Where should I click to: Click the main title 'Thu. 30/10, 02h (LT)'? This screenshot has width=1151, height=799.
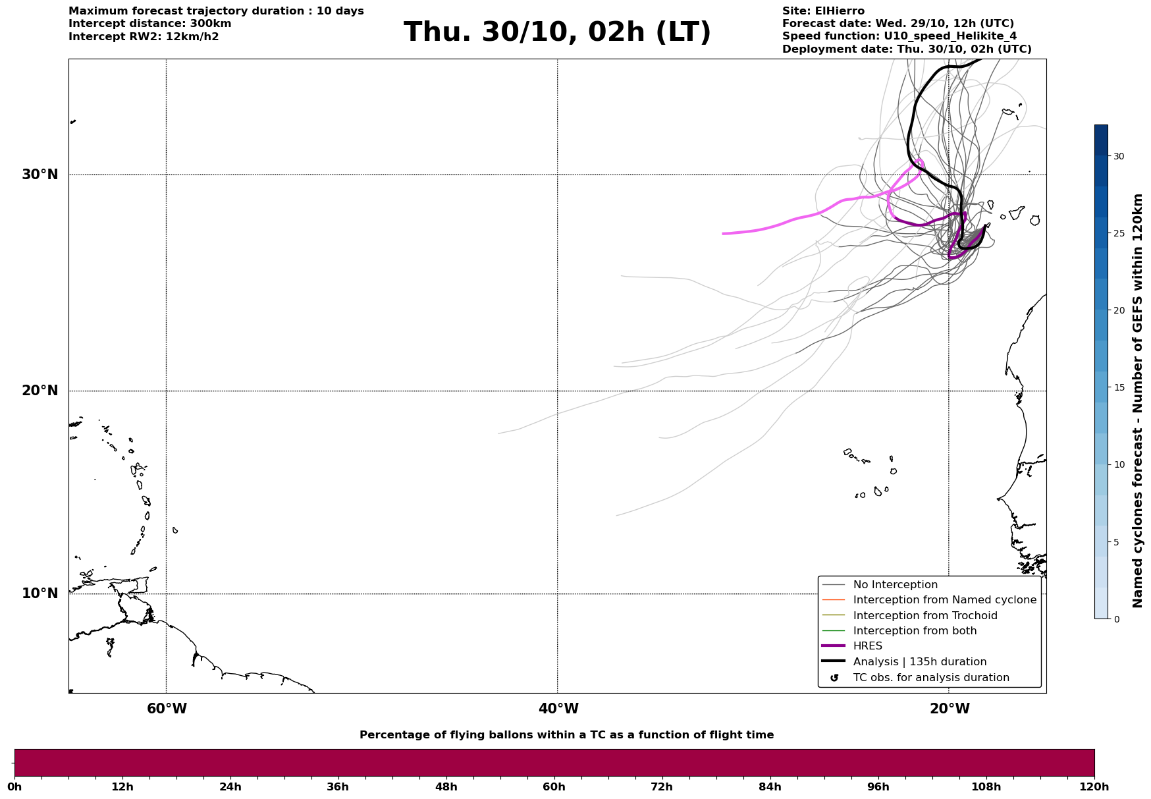tap(557, 32)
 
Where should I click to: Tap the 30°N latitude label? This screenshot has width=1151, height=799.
tap(40, 175)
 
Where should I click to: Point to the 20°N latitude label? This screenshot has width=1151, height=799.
tap(40, 391)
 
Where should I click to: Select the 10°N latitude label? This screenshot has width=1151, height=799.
tap(40, 593)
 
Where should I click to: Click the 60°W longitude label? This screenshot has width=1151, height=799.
tap(167, 709)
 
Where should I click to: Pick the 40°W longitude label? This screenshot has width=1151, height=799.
tap(558, 709)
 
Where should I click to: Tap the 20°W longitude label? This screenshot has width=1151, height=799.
tap(950, 709)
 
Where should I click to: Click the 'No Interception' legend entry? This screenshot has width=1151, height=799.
tap(895, 585)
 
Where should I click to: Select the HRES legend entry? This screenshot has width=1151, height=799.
tap(867, 646)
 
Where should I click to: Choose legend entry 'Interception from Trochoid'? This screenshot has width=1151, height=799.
tap(924, 616)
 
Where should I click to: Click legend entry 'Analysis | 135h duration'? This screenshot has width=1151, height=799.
tap(919, 662)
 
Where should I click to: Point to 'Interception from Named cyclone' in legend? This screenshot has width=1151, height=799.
tap(944, 600)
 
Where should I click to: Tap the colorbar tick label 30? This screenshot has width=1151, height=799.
tap(1119, 156)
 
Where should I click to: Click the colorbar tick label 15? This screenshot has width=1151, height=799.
tap(1119, 387)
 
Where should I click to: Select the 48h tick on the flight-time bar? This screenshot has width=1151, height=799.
tap(446, 786)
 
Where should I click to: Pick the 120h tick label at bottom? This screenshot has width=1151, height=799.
tap(1094, 786)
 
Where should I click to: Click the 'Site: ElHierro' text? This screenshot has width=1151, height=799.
tap(823, 11)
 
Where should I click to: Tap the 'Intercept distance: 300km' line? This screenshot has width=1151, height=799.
tap(149, 24)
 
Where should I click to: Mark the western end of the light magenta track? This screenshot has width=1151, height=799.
tap(723, 234)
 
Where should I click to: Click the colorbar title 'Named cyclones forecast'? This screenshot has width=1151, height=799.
tap(1137, 400)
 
